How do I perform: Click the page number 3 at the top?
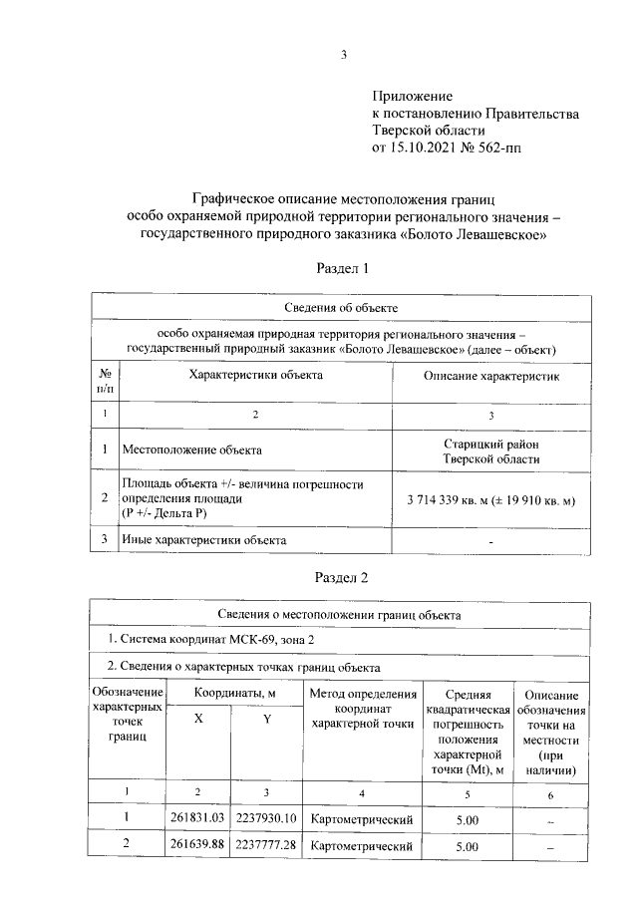point(342,55)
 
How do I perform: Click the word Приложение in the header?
point(412,97)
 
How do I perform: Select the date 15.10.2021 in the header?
point(424,148)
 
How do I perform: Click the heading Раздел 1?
point(342,268)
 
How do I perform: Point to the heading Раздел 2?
point(342,577)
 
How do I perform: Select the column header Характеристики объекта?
point(256,376)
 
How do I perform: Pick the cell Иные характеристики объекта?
point(204,540)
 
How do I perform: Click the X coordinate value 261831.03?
point(198,818)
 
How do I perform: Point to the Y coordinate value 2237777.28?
point(266,846)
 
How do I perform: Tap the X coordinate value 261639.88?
point(198,846)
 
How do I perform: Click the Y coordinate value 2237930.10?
point(266,818)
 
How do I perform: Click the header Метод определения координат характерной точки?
point(363,708)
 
